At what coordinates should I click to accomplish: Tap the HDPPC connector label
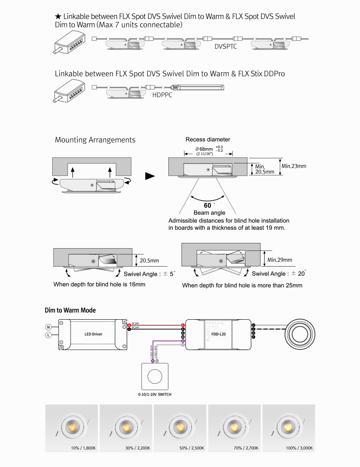click(162, 95)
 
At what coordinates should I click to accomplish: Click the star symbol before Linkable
click(58, 16)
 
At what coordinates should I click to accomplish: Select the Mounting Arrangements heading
click(95, 140)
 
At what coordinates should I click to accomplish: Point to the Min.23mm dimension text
click(294, 166)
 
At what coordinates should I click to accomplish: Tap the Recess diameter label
click(208, 139)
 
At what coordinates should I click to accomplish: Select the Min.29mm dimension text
click(280, 260)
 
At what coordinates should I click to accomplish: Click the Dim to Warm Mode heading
click(70, 310)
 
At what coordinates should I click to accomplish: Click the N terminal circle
click(48, 327)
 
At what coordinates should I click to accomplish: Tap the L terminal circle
click(48, 335)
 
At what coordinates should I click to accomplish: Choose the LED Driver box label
click(93, 334)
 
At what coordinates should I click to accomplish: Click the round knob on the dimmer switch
click(155, 376)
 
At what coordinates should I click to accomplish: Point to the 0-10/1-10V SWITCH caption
click(155, 395)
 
